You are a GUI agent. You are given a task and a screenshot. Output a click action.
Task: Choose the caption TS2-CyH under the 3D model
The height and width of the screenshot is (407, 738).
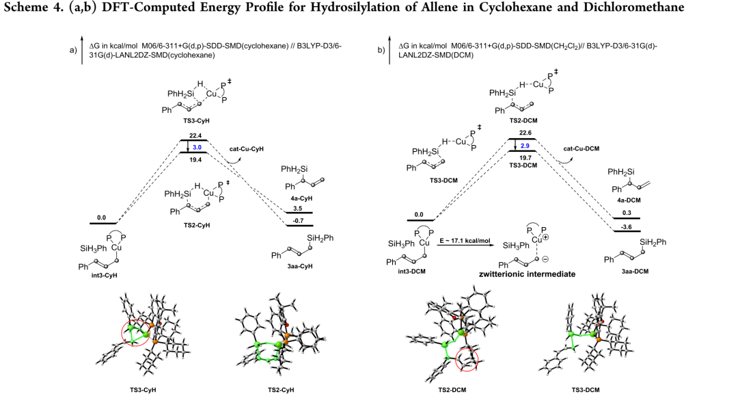pyautogui.click(x=278, y=390)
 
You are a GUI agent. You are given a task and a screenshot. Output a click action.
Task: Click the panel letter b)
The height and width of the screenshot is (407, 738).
pyautogui.click(x=381, y=49)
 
